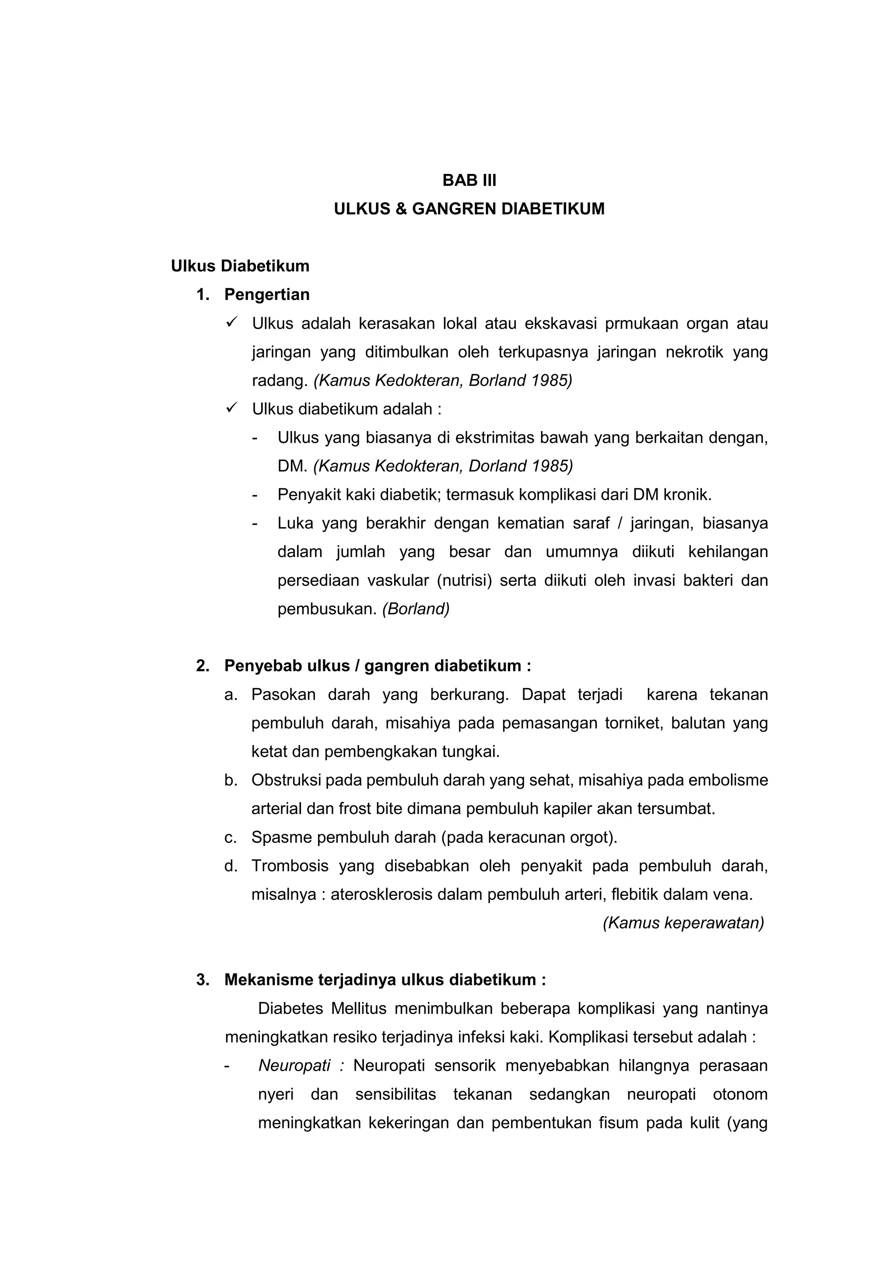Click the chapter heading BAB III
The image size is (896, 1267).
click(469, 181)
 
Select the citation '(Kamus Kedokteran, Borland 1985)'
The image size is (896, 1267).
click(443, 381)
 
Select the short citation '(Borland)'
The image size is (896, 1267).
click(416, 609)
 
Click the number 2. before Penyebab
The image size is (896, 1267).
click(202, 666)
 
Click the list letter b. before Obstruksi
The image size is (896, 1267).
click(231, 780)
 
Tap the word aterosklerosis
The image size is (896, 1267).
click(381, 895)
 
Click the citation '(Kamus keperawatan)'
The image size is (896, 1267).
click(683, 923)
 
